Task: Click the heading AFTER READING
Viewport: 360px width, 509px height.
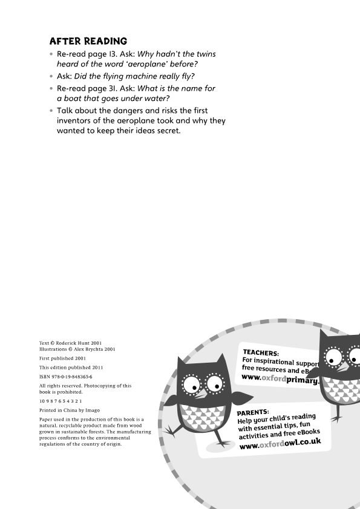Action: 88,41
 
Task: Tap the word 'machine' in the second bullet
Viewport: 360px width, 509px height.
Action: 135,76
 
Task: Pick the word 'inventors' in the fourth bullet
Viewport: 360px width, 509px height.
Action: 76,120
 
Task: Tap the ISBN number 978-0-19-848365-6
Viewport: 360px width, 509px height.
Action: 70,376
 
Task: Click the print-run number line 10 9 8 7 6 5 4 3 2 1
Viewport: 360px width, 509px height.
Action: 61,401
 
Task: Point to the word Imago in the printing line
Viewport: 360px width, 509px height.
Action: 93,410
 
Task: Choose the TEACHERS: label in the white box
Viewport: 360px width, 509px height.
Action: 261,353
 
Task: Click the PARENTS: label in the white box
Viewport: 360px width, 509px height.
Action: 253,412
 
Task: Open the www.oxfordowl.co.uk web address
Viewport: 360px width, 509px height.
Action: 280,444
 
